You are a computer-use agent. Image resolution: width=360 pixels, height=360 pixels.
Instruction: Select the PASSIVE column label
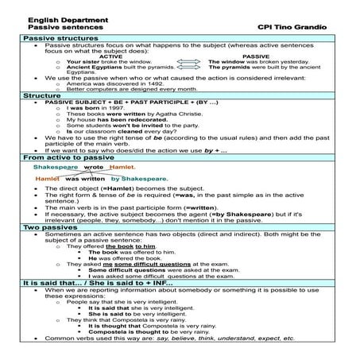[255, 56]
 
